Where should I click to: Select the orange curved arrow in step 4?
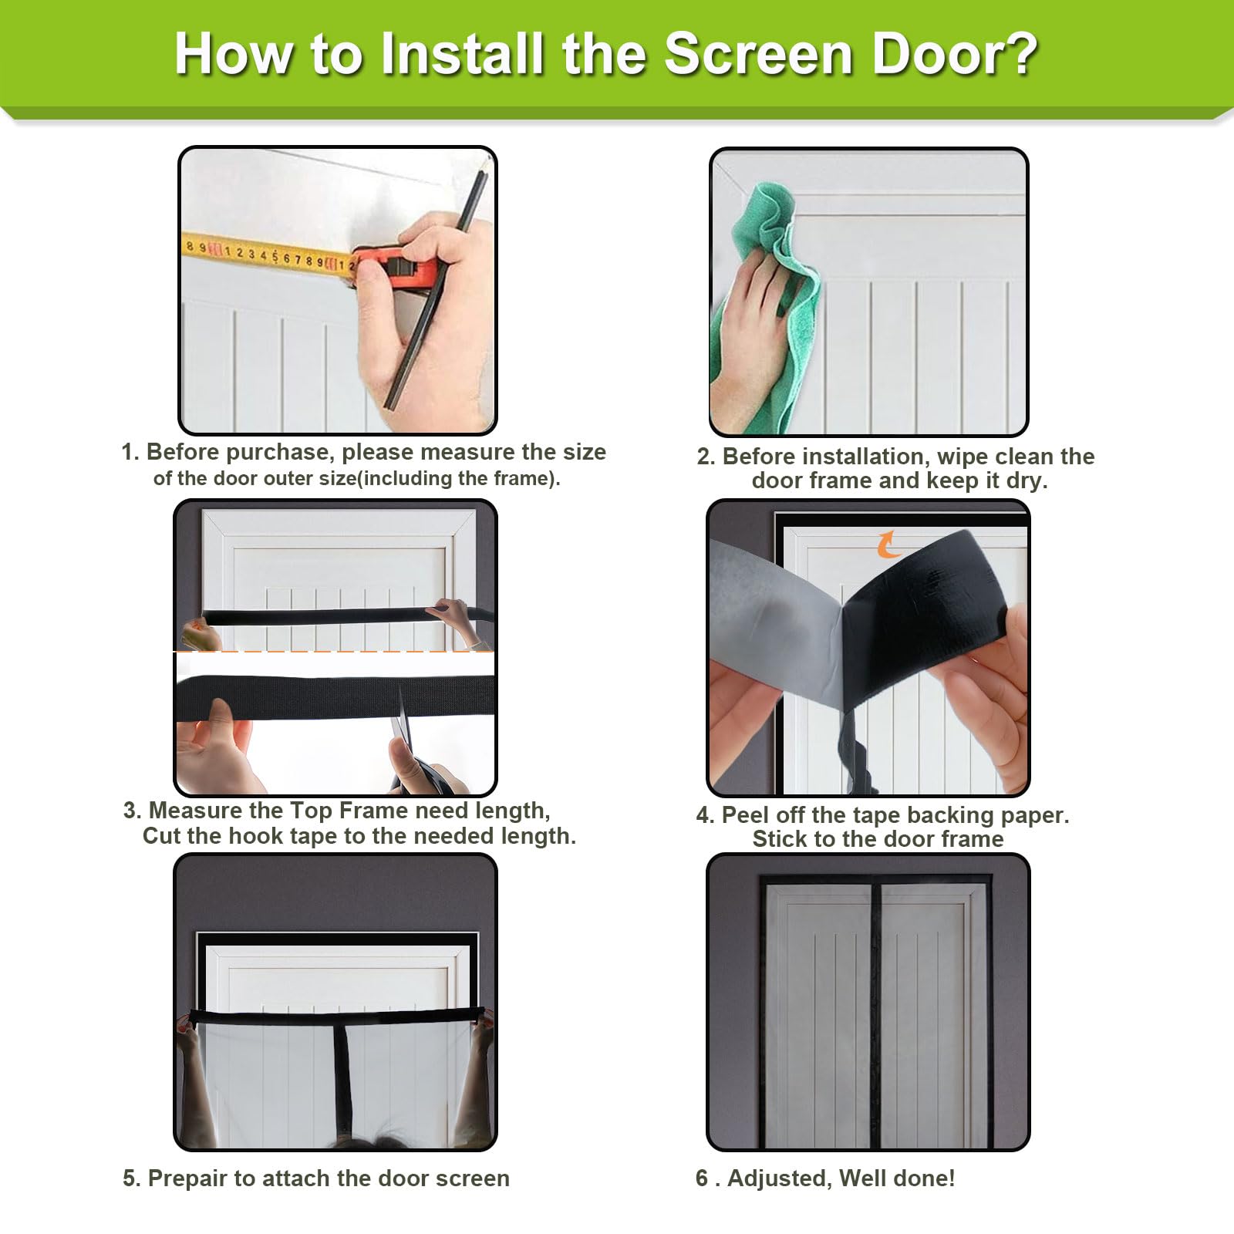888,544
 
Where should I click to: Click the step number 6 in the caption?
702,1178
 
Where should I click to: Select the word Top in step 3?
311,811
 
